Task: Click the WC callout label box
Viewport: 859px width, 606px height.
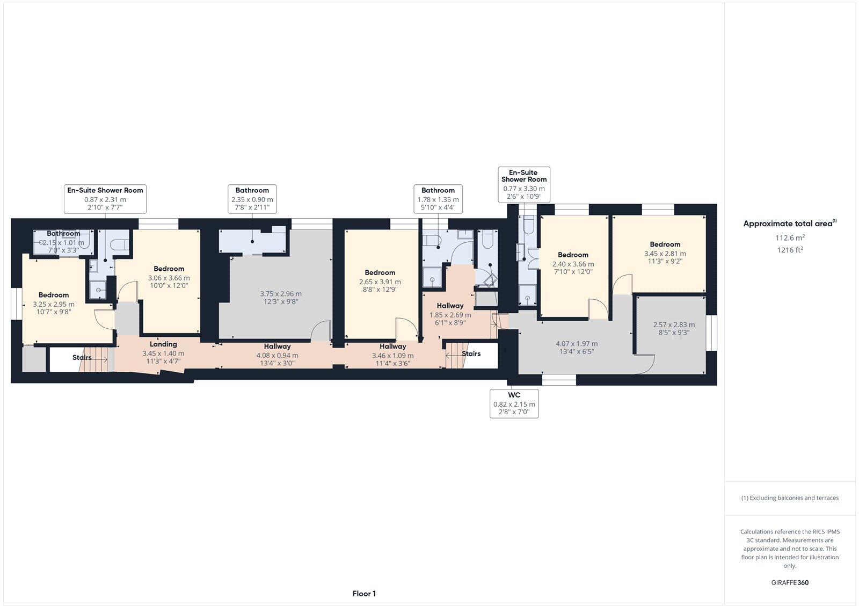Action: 514,404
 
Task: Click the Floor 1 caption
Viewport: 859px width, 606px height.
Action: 364,594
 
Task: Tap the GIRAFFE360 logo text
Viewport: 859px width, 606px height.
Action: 790,582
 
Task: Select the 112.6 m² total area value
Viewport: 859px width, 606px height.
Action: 790,237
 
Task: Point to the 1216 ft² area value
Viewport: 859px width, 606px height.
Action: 790,250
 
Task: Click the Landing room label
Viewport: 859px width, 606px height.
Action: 163,344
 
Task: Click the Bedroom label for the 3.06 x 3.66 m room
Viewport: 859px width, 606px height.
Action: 169,269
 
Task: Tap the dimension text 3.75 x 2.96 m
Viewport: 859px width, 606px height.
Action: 280,294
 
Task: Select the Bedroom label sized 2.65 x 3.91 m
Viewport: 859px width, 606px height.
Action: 380,272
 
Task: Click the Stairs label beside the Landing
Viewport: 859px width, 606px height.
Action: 82,357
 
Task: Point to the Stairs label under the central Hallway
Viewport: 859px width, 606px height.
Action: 471,353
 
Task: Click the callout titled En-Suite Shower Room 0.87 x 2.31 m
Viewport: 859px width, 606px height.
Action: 105,199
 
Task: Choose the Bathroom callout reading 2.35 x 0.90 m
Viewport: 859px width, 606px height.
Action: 252,199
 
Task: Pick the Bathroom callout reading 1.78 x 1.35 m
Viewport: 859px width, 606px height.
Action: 438,199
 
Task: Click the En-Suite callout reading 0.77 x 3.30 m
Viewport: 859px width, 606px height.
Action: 523,184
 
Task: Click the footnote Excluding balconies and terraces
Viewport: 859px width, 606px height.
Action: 790,498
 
